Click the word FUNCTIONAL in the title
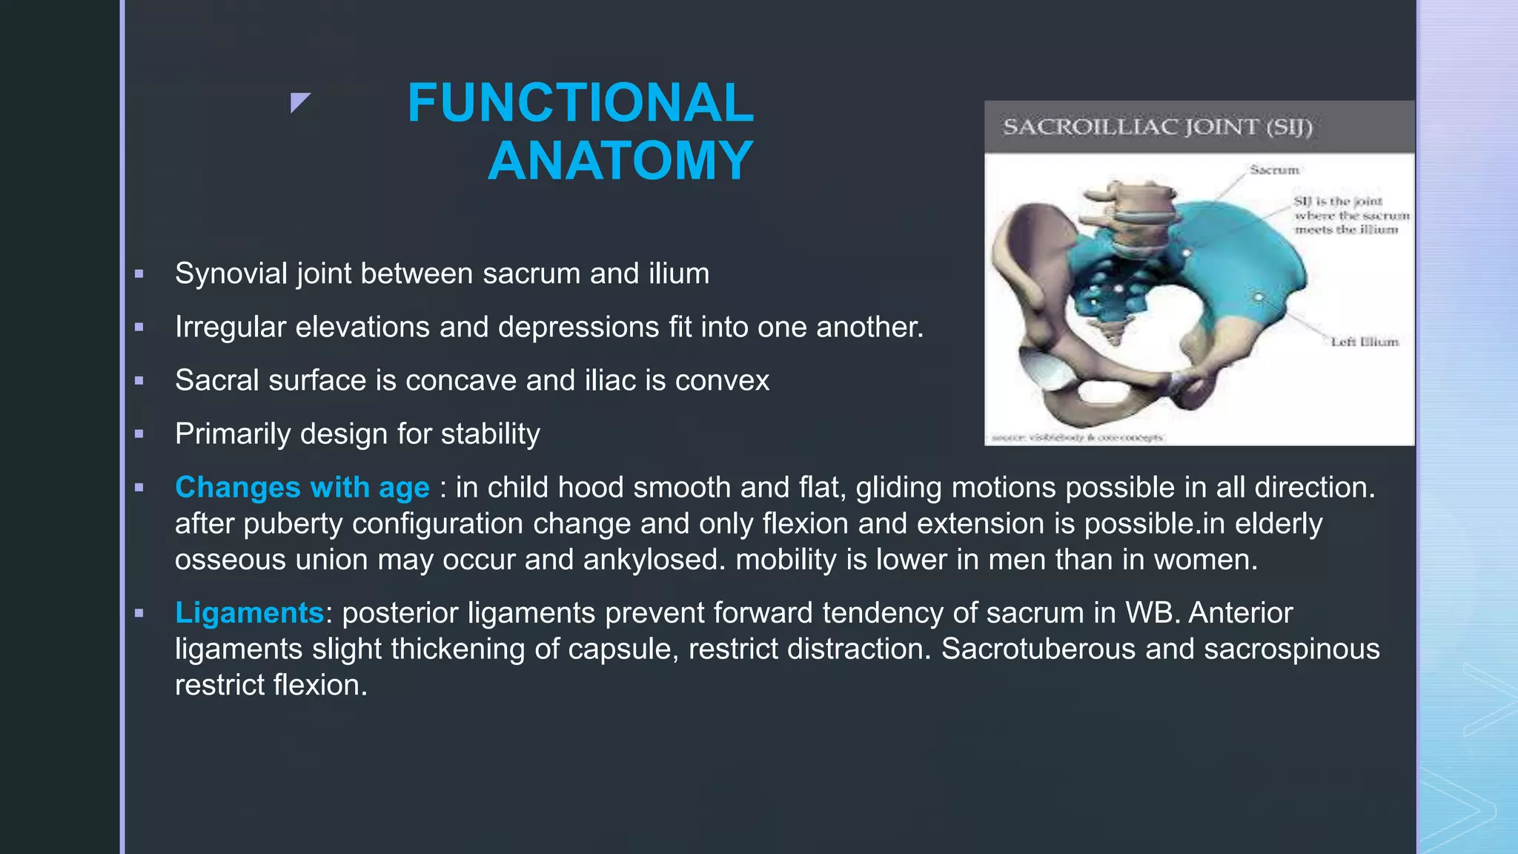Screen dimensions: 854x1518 coord(580,103)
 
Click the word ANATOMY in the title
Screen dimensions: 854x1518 coord(620,161)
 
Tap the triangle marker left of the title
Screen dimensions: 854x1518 coord(299,102)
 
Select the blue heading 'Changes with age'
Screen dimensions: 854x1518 coord(302,488)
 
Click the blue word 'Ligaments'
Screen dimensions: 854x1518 coord(249,613)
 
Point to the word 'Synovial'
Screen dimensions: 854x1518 coord(231,274)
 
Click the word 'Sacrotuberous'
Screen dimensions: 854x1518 coord(1038,649)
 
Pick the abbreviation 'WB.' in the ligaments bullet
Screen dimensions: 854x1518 coord(1152,613)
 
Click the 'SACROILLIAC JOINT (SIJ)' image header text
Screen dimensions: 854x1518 coord(1157,127)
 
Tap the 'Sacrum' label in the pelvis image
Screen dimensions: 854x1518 coord(1274,171)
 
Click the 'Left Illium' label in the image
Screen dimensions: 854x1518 coord(1364,342)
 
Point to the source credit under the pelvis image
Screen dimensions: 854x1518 coord(1076,437)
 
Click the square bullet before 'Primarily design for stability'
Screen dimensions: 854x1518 coord(139,434)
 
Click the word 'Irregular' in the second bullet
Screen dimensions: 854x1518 coord(230,328)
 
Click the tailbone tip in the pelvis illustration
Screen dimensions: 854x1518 coord(1114,340)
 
